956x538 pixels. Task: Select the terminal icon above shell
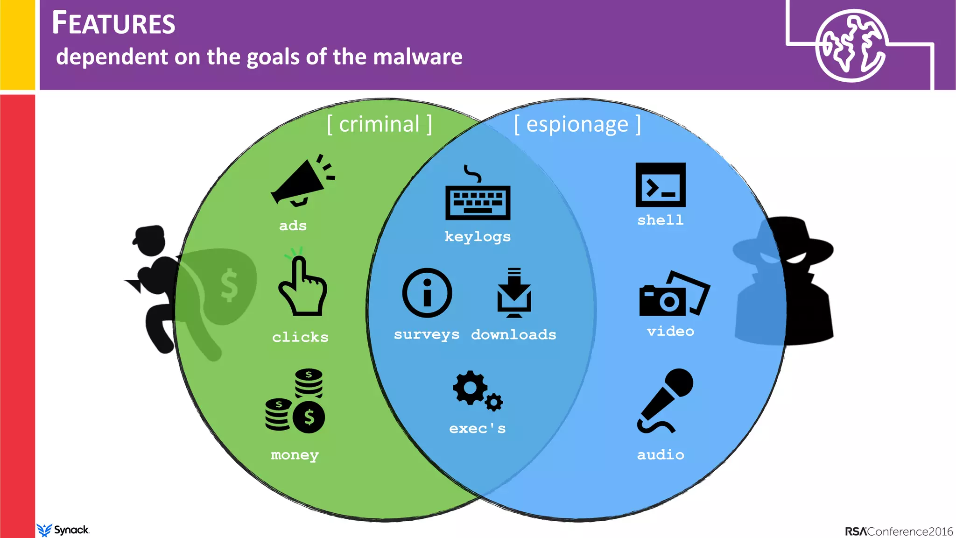tap(661, 185)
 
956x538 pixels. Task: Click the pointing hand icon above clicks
tap(302, 287)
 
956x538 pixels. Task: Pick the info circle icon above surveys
tap(427, 293)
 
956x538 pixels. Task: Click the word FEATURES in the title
tap(113, 23)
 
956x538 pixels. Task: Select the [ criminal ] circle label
tap(380, 124)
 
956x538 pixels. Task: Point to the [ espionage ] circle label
tap(577, 125)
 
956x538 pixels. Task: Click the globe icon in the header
tap(850, 45)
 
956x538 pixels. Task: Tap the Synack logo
tap(63, 530)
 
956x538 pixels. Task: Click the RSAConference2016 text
tap(899, 531)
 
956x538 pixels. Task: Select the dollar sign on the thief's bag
tap(229, 285)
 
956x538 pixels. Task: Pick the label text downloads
tap(513, 334)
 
